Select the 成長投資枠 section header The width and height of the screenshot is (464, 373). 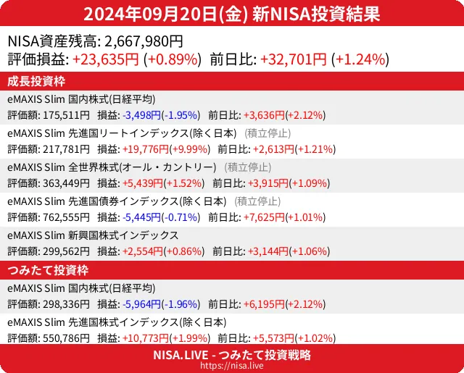click(36, 80)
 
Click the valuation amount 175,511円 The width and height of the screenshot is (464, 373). click(65, 114)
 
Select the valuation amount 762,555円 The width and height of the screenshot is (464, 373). click(65, 217)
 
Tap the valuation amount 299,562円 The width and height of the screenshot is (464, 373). click(65, 251)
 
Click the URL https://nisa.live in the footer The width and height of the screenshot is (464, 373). click(232, 366)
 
